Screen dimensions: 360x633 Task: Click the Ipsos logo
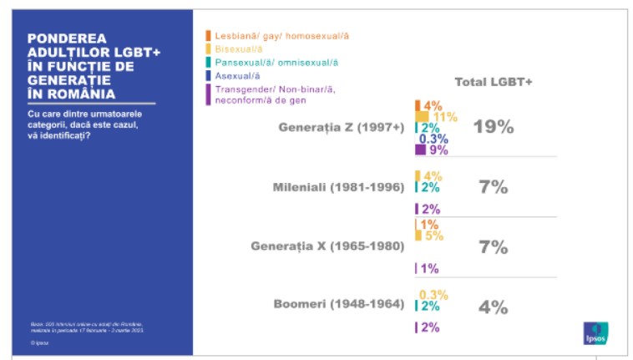pos(595,332)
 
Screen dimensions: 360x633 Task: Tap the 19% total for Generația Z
pos(493,128)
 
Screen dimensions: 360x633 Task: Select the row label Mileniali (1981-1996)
pos(339,187)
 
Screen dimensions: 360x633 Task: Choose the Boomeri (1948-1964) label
pos(339,304)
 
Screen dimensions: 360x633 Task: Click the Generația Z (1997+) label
pos(342,128)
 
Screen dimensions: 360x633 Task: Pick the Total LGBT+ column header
pos(494,82)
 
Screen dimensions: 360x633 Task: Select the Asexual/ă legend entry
pos(236,75)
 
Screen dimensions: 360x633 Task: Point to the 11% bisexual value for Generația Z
pos(445,117)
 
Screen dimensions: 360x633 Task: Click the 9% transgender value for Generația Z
pos(438,151)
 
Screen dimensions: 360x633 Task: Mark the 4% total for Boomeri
pos(493,307)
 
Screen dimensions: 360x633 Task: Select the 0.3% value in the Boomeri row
pos(433,295)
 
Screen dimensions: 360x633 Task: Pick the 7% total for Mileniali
pos(493,187)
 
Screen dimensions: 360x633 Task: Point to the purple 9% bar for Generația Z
pos(420,151)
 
